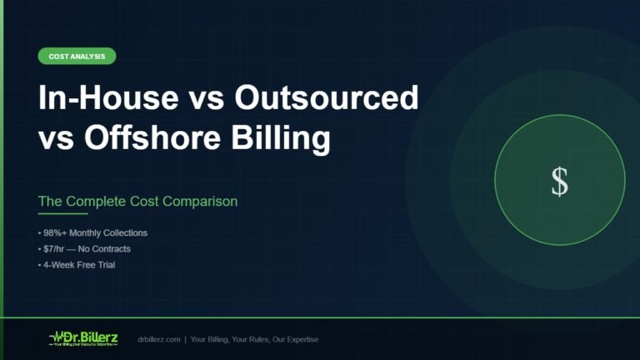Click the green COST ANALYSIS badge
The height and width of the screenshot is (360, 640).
(77, 57)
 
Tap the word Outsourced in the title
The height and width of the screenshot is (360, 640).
(326, 98)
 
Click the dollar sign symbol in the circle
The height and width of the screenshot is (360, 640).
(559, 181)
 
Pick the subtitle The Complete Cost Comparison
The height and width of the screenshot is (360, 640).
(137, 202)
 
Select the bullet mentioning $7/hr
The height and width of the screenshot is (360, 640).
(84, 249)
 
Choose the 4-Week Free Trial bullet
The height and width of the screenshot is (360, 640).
(77, 265)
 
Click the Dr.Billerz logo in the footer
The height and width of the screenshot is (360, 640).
(84, 339)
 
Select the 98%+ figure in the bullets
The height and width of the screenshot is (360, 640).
(54, 233)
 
